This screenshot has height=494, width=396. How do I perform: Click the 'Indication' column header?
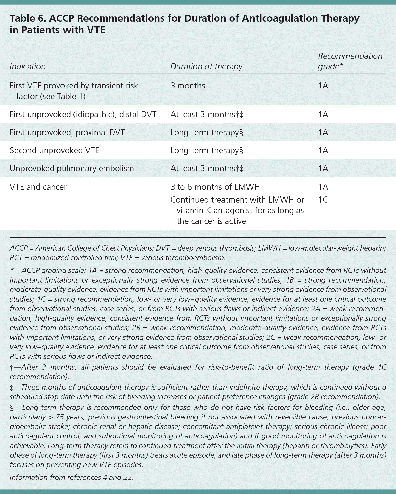(28, 66)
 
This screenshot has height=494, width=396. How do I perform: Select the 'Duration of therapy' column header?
(206, 66)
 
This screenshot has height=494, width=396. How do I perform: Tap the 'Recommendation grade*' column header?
(350, 61)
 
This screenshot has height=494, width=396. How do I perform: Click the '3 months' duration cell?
(188, 86)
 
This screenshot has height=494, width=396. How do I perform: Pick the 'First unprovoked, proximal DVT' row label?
(67, 132)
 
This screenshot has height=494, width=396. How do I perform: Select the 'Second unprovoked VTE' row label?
(54, 150)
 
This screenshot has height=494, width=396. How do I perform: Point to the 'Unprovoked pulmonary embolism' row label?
(72, 168)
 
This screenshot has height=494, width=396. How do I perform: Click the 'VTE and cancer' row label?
(38, 187)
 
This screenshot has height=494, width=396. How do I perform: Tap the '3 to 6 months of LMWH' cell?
(215, 187)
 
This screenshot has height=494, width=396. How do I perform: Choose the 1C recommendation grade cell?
(323, 200)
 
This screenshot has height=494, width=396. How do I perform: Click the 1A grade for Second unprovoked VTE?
(323, 150)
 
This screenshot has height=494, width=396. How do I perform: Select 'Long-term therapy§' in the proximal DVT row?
(206, 132)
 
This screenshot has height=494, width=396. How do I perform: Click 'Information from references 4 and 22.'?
(71, 477)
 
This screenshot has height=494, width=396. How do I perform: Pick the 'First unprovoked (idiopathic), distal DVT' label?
(83, 114)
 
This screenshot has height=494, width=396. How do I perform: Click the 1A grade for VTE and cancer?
(323, 187)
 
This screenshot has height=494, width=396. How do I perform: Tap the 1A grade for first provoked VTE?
(323, 86)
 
